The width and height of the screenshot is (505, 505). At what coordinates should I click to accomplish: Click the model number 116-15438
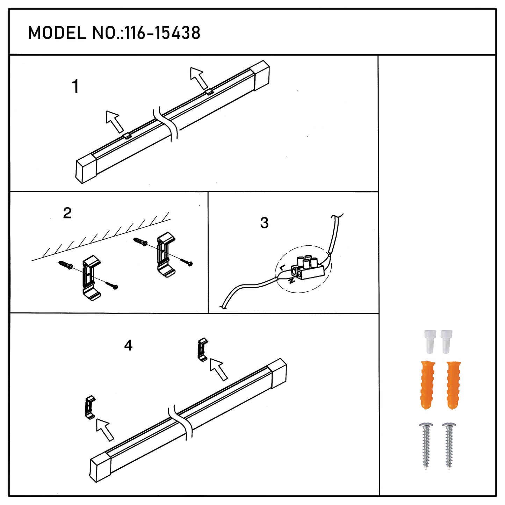click(x=163, y=33)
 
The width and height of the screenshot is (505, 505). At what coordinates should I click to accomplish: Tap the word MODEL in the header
click(x=57, y=33)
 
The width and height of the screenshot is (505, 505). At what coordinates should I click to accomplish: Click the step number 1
click(x=76, y=86)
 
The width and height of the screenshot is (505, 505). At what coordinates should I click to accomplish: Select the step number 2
click(x=67, y=213)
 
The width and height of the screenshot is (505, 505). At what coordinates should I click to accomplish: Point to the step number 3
click(x=265, y=223)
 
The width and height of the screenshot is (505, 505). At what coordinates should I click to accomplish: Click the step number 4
click(x=128, y=345)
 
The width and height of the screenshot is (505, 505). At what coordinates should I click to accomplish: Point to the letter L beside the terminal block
click(x=282, y=268)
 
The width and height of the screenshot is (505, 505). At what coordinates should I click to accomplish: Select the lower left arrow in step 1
click(x=114, y=122)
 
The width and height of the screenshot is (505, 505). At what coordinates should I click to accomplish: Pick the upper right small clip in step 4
click(x=203, y=349)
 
